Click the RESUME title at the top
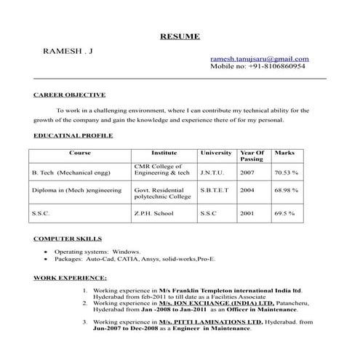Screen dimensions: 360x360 (x=180, y=36)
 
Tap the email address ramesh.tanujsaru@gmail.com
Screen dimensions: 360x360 (x=259, y=58)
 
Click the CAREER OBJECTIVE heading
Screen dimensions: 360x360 (x=70, y=95)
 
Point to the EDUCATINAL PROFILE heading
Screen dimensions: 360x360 (x=73, y=136)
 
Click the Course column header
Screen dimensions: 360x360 (x=80, y=153)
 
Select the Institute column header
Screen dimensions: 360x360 (x=164, y=153)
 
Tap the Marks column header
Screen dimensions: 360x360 (x=284, y=153)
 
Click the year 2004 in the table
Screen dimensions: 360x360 (x=247, y=190)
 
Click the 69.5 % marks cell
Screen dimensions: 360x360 (x=284, y=214)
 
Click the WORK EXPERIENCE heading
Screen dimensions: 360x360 (x=71, y=278)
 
